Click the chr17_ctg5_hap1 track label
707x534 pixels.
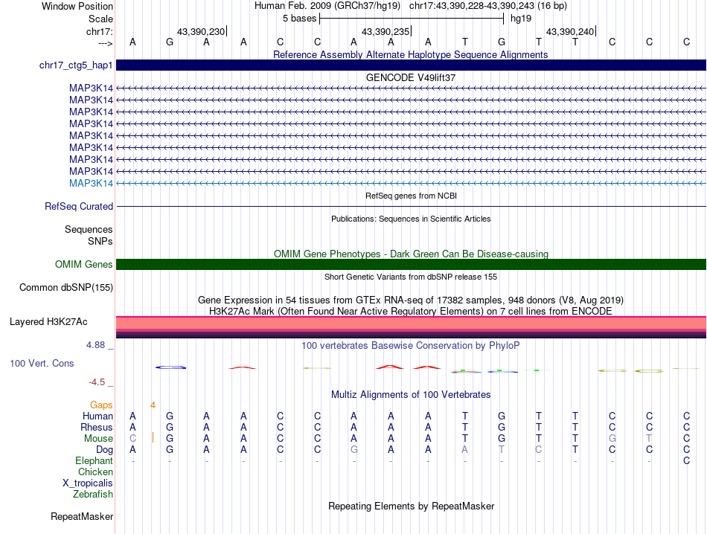point(76,65)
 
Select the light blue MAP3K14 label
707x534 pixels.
point(91,183)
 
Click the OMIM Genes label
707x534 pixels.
point(84,264)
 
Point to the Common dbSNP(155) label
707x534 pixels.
point(66,287)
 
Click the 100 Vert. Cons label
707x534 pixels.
point(42,364)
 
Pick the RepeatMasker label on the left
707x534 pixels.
point(82,516)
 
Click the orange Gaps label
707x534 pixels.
point(101,405)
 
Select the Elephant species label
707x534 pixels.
point(95,461)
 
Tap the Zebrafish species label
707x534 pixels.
point(93,494)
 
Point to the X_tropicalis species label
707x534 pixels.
point(88,483)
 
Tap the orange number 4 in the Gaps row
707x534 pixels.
point(153,405)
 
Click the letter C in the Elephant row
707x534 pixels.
point(686,461)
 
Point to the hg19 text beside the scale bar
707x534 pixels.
point(521,18)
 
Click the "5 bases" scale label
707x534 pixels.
point(298,18)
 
